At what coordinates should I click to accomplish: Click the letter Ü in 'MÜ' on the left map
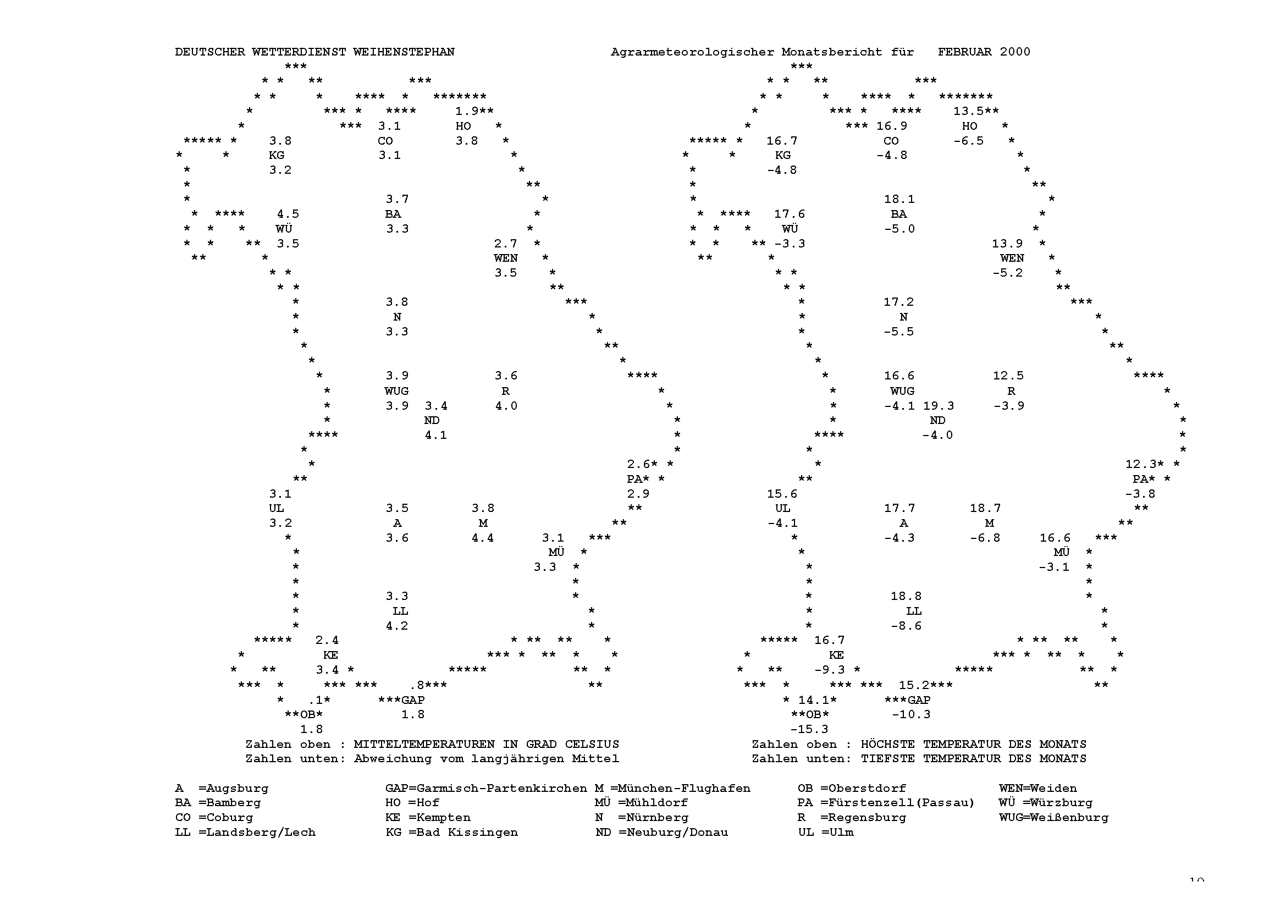560,552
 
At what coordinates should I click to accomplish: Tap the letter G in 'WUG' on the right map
910,391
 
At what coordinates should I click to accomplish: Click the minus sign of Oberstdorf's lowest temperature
794,729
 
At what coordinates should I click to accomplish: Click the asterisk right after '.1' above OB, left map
327,699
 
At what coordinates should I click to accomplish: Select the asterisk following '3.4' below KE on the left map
350,669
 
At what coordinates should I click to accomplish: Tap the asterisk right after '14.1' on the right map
834,699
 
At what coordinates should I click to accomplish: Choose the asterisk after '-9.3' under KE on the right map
857,669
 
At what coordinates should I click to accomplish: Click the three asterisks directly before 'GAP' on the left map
389,699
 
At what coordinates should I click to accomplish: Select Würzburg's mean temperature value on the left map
288,214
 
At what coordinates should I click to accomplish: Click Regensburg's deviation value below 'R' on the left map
506,405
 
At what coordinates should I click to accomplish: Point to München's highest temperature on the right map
985,508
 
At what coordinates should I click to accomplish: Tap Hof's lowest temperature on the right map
968,141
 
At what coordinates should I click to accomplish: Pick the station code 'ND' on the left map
432,420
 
